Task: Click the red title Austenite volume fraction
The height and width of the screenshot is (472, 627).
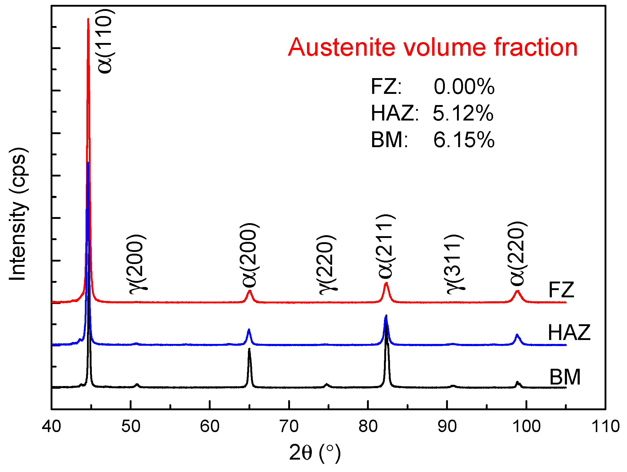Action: coord(432,47)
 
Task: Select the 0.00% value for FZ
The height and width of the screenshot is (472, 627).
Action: coord(464,87)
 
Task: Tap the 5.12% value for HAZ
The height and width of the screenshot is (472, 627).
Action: coord(463,114)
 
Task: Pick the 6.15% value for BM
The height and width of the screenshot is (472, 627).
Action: coord(464,140)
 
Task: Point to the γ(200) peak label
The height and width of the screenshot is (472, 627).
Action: coord(138,264)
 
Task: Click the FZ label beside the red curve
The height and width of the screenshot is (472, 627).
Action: coord(561,290)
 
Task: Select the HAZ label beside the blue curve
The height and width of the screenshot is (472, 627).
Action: coord(569,332)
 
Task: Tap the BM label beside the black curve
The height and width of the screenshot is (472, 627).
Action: coord(565,377)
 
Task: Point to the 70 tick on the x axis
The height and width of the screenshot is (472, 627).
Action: coord(289,426)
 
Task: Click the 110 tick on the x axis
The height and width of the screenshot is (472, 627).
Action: coord(605,426)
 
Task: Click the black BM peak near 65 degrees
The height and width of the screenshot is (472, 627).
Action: coord(249,350)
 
